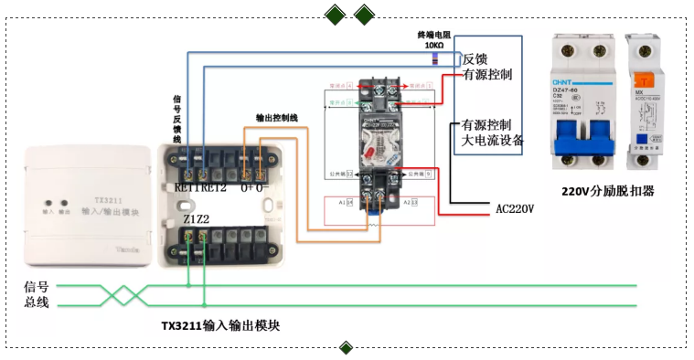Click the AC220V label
515,208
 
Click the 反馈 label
475,58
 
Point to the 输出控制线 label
276,119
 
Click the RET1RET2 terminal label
200,187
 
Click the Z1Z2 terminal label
195,219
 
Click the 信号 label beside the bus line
37,286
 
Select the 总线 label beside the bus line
37,303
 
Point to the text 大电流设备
493,141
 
